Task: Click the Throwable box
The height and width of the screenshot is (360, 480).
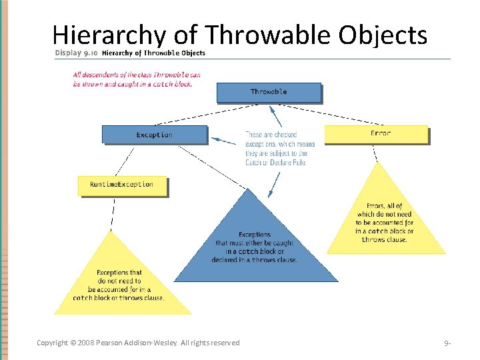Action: coord(268,92)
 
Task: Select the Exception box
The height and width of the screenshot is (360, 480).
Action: coord(154,135)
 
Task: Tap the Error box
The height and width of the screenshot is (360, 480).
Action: coord(376,134)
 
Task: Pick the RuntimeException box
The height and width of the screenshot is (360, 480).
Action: coord(121,185)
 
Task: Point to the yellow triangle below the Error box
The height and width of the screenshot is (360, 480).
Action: coord(385,220)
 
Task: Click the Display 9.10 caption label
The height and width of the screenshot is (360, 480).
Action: coord(76,53)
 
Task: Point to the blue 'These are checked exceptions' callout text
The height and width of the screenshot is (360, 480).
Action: coord(279,148)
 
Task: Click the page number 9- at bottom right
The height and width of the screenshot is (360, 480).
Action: coord(447,343)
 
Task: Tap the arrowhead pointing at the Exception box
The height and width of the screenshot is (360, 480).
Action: coord(215,140)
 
